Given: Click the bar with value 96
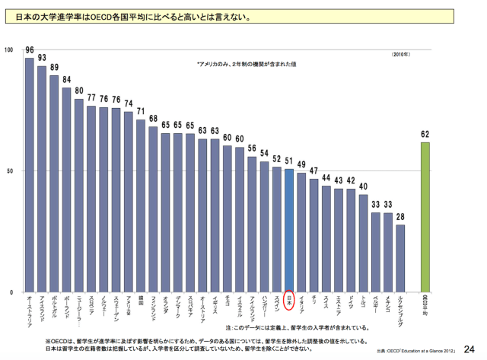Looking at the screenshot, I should (x=30, y=175).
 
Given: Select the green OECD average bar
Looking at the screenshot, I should (x=425, y=217).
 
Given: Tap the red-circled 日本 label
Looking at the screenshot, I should (x=289, y=301).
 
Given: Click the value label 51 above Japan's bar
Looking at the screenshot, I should (x=289, y=161).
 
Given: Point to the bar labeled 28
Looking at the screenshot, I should (x=400, y=258).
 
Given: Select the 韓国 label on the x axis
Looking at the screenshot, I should (x=141, y=301).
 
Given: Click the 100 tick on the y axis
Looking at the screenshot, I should (x=9, y=50).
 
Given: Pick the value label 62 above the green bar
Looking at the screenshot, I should (x=425, y=134).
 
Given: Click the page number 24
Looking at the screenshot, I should (x=469, y=349).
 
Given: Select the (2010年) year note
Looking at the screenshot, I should (x=401, y=56).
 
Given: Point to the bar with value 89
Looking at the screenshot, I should (x=54, y=183).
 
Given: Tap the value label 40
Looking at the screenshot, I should (x=364, y=187).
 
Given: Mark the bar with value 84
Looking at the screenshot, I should (x=67, y=190).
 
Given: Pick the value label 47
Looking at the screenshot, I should (x=314, y=170).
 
